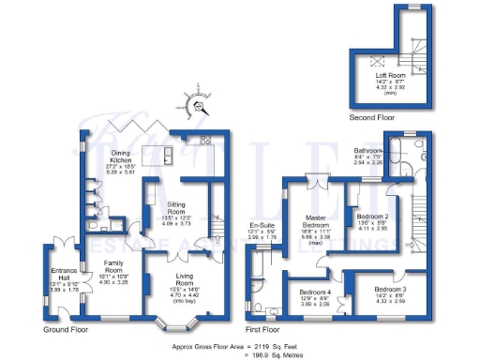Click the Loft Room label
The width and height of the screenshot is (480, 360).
click(x=388, y=74)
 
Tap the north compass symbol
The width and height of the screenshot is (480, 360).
click(x=198, y=96)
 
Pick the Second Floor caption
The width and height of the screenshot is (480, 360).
click(x=371, y=118)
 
